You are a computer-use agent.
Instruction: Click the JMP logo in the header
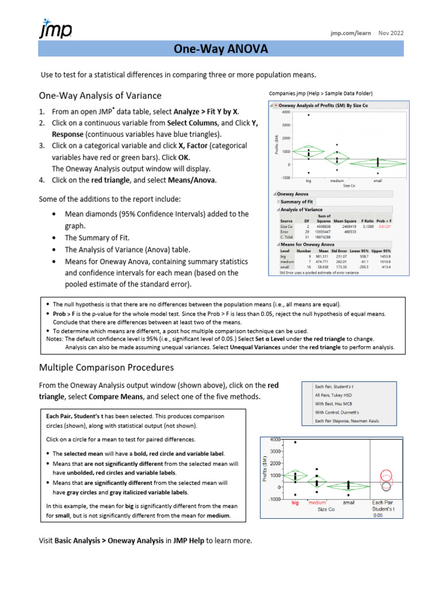pos(55,28)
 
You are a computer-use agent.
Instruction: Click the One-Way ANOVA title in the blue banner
pos(221,49)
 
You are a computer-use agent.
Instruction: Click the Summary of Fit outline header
pos(297,202)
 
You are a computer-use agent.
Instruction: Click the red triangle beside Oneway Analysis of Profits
pos(276,106)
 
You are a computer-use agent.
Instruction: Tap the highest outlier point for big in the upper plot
pos(308,115)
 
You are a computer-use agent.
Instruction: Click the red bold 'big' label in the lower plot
pos(295,503)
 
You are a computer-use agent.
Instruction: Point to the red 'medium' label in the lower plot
pos(318,503)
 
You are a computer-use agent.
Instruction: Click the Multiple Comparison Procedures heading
pos(106,367)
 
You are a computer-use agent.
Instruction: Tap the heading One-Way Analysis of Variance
pos(100,95)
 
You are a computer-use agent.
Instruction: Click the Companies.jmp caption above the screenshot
pos(321,93)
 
